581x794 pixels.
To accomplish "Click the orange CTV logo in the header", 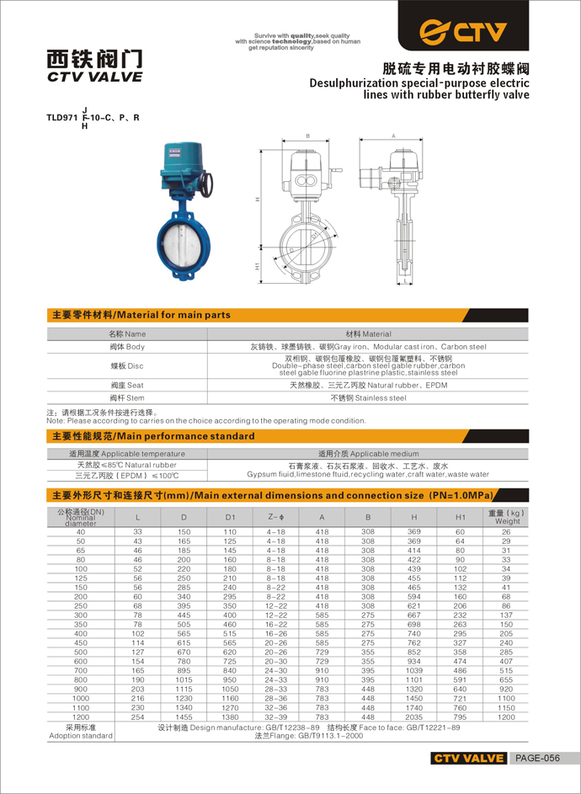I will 464,32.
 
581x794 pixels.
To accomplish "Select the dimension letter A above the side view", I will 393,136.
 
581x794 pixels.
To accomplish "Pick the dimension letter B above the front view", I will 308,136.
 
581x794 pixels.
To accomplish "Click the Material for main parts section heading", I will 141,315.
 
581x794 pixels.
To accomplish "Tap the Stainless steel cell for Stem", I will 368,397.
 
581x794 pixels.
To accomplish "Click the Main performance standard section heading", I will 153,436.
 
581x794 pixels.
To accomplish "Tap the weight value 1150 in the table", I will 506,706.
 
